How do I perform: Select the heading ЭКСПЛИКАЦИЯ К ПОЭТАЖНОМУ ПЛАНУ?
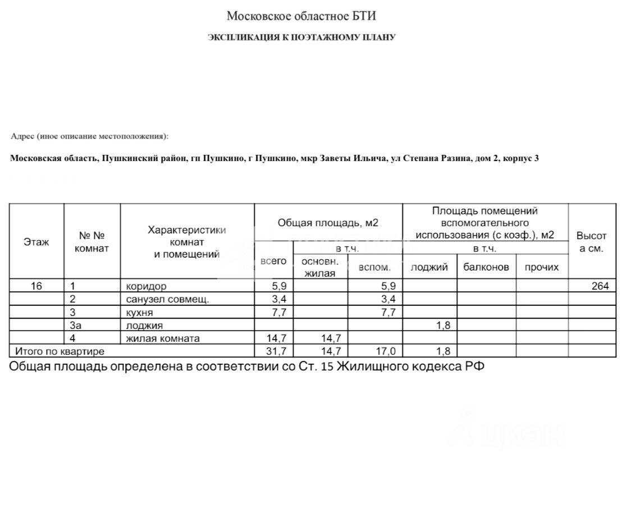coord(302,38)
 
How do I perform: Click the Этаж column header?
coord(36,242)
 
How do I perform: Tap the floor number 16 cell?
coord(36,286)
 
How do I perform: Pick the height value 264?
coord(600,286)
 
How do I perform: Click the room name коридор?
coord(146,286)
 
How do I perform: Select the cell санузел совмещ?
coord(167,299)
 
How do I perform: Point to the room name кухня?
coord(139,312)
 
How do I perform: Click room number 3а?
coord(76,325)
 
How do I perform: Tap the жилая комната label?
coord(162,338)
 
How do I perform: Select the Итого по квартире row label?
coord(60,351)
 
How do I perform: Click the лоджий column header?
coord(429,267)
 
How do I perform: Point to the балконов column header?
coord(486,267)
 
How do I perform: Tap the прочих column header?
coord(542,267)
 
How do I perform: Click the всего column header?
coord(274,261)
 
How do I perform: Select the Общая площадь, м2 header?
coord(328,223)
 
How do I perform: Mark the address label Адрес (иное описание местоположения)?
coord(89,136)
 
